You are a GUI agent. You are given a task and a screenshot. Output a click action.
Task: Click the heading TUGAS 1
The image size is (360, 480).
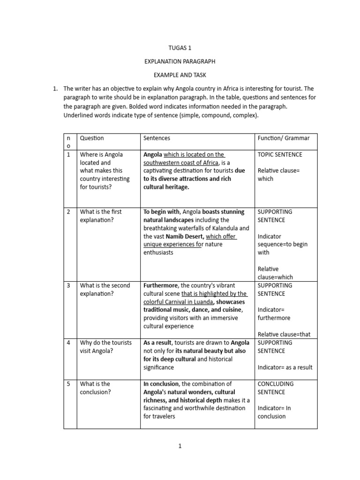point(180,48)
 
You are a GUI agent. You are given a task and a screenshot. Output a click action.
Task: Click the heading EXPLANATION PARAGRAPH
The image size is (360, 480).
point(180,61)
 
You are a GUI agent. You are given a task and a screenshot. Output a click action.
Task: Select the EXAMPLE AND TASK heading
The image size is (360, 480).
point(180,75)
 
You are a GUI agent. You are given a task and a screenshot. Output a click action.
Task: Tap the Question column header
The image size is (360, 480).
point(92,138)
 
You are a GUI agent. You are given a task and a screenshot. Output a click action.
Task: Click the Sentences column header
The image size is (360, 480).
point(157,138)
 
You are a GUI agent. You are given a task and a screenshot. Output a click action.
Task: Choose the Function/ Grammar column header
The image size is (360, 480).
point(284,138)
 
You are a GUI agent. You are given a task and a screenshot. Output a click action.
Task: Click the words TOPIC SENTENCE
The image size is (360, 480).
point(280,155)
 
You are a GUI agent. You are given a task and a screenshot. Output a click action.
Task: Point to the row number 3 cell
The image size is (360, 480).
point(68,285)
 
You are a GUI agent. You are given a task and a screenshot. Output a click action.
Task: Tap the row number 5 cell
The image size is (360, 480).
point(68,384)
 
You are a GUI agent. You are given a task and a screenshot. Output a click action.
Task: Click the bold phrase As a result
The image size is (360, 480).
point(158,343)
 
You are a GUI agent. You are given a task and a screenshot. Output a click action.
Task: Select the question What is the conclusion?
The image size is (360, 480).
point(95,388)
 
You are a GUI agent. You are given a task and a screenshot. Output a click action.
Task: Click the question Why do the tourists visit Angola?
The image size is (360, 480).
point(105,347)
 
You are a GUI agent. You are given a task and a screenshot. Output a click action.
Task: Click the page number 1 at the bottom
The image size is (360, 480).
point(180,446)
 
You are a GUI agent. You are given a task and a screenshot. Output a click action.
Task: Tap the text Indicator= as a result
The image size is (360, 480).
point(285,367)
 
